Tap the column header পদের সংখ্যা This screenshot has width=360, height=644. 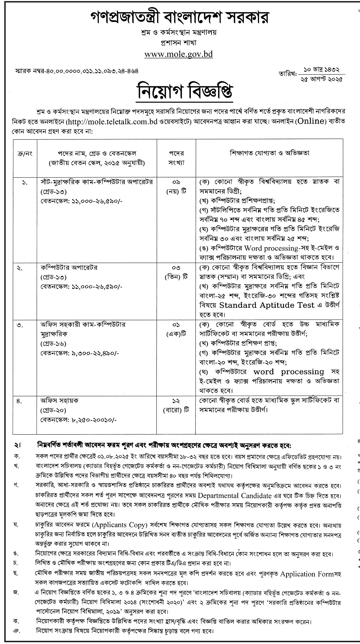point(176,157)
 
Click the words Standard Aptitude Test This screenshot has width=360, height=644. point(267,305)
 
